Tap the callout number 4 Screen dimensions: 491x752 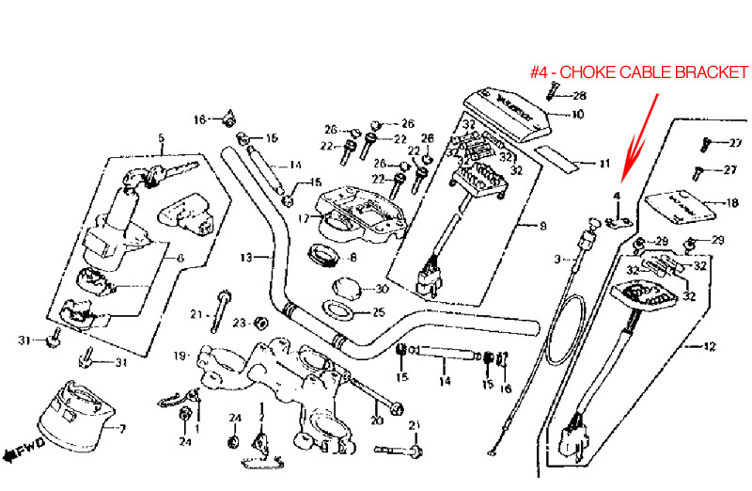pos(618,196)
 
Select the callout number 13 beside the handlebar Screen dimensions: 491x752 pos(246,257)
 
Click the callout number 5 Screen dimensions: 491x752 pos(161,139)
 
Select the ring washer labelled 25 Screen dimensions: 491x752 pos(339,310)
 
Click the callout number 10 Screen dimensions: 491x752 pos(577,115)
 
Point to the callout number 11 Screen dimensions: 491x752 pos(603,164)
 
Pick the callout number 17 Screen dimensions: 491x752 pos(303,217)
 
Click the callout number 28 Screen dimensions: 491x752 pos(579,96)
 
